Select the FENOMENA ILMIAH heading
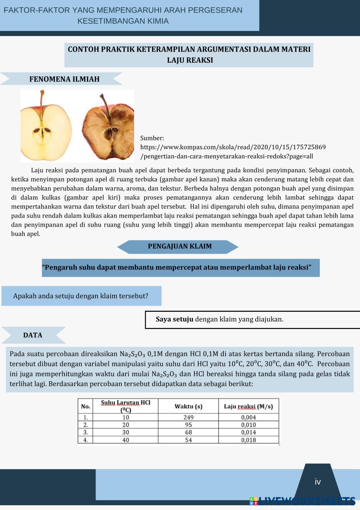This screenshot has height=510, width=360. click(64, 79)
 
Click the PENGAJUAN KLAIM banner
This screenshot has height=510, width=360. click(179, 247)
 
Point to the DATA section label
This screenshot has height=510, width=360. click(32, 335)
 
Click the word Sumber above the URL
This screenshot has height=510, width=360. click(152, 138)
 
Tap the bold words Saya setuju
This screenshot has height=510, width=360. click(174, 319)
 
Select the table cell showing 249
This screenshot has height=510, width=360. click(188, 417)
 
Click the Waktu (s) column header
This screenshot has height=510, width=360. click(188, 407)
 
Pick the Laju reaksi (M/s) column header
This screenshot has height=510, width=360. click(248, 407)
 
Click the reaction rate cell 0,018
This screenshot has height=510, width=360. click(249, 440)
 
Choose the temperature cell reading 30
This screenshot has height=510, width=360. click(125, 433)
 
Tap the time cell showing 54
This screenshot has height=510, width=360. click(188, 440)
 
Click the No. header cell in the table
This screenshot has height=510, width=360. click(85, 407)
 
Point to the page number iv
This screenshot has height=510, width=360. click(317, 482)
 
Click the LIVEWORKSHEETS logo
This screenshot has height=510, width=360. click(302, 501)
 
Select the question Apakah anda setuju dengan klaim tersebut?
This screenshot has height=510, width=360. click(81, 296)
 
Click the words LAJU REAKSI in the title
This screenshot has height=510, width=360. click(190, 60)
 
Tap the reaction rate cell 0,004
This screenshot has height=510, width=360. click(249, 417)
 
